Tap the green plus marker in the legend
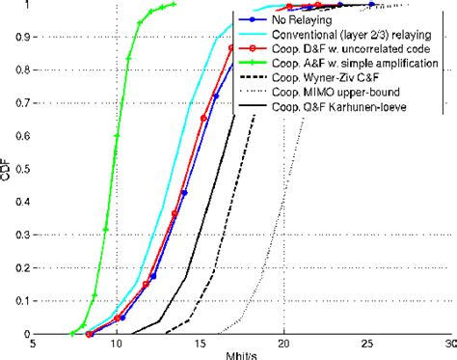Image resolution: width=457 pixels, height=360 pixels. coord(254,62)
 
